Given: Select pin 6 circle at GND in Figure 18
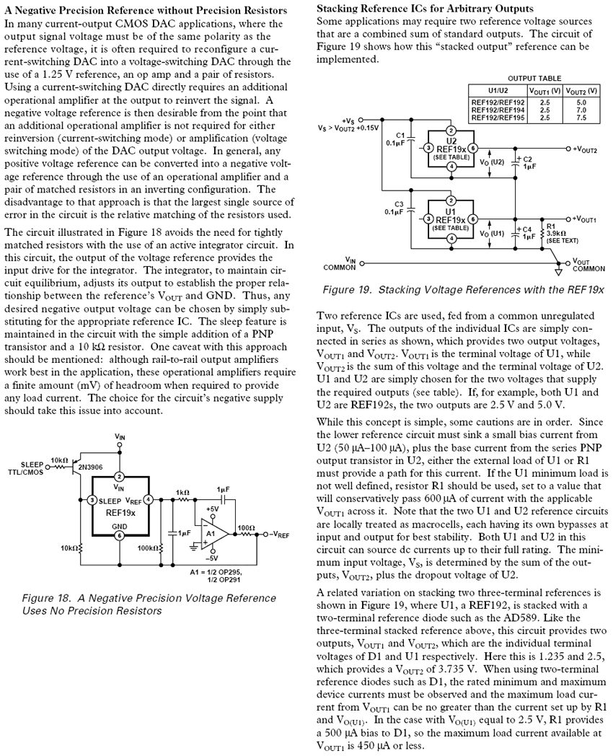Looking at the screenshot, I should click(x=120, y=535).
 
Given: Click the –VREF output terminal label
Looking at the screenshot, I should click(x=279, y=535).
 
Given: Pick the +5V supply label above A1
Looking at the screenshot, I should click(x=212, y=509).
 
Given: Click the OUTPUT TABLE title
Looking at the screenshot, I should click(x=534, y=78).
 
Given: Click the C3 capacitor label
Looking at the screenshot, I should click(x=398, y=206).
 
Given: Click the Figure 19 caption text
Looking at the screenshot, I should click(x=464, y=289).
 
